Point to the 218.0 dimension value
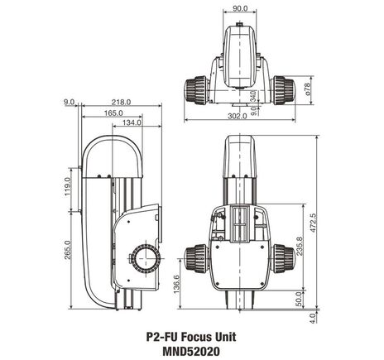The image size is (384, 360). click(121, 102)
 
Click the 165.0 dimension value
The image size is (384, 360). click(114, 112)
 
